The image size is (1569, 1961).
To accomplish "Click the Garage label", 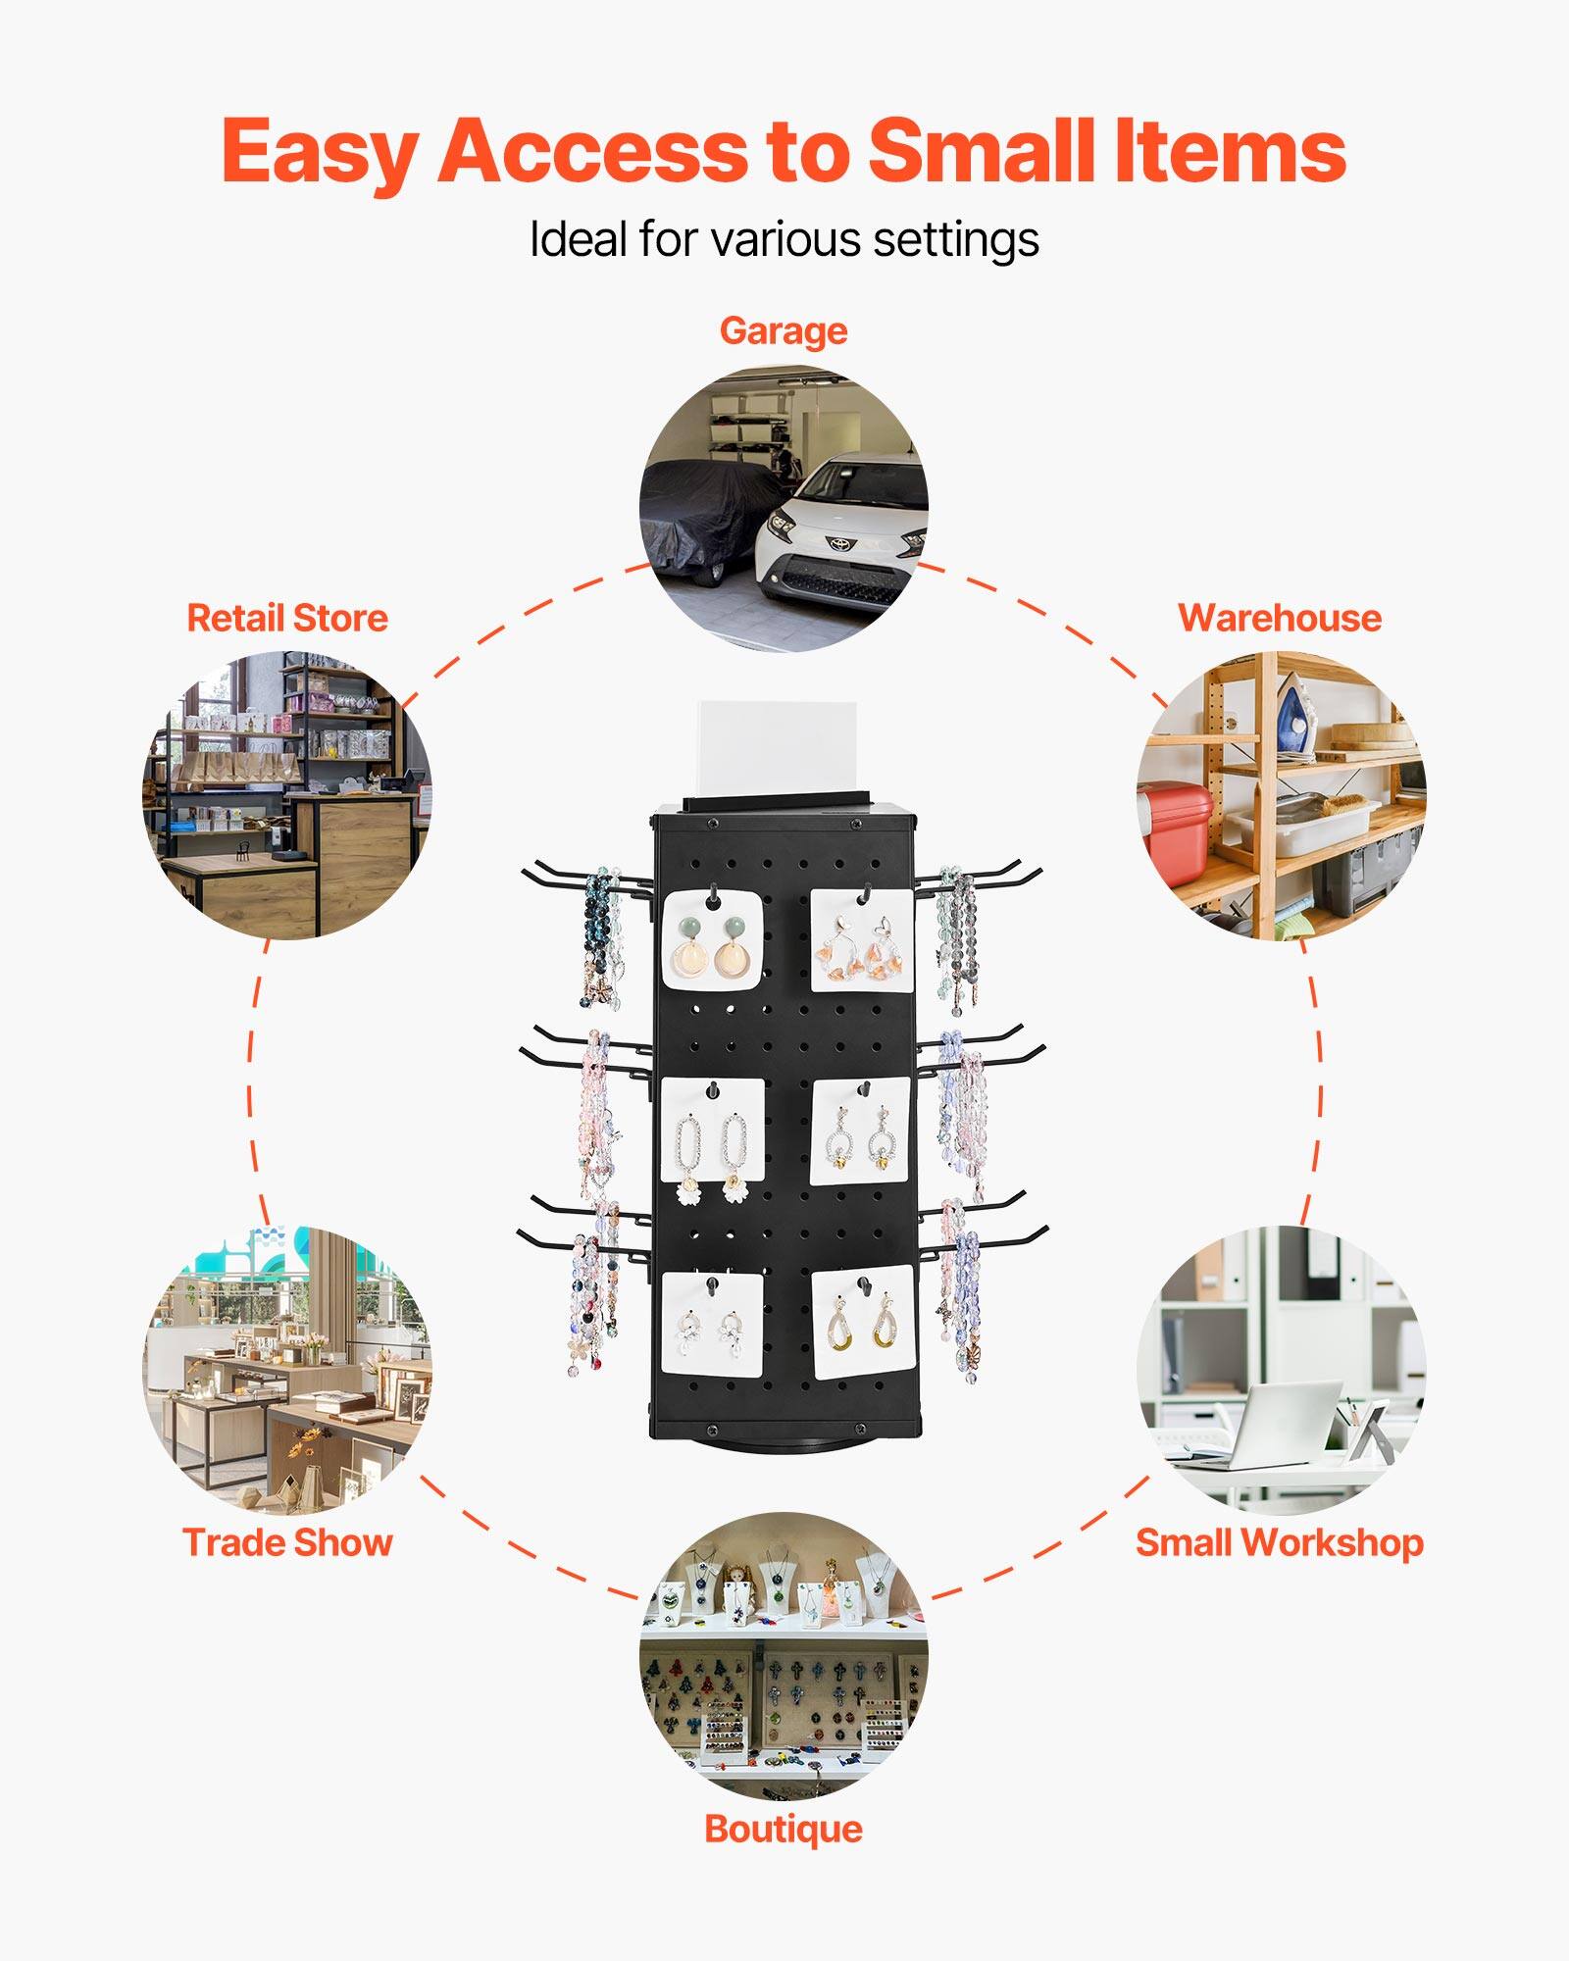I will tap(783, 331).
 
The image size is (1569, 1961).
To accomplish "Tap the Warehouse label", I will tap(1279, 618).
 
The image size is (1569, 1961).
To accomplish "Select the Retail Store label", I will tap(287, 618).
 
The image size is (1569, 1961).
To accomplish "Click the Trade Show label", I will tap(287, 1542).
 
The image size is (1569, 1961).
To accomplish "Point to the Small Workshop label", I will tap(1279, 1542).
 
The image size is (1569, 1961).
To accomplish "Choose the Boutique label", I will tap(783, 1829).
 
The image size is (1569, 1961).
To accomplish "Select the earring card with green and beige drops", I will tap(712, 938).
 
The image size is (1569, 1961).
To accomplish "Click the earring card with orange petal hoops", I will tap(863, 941).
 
